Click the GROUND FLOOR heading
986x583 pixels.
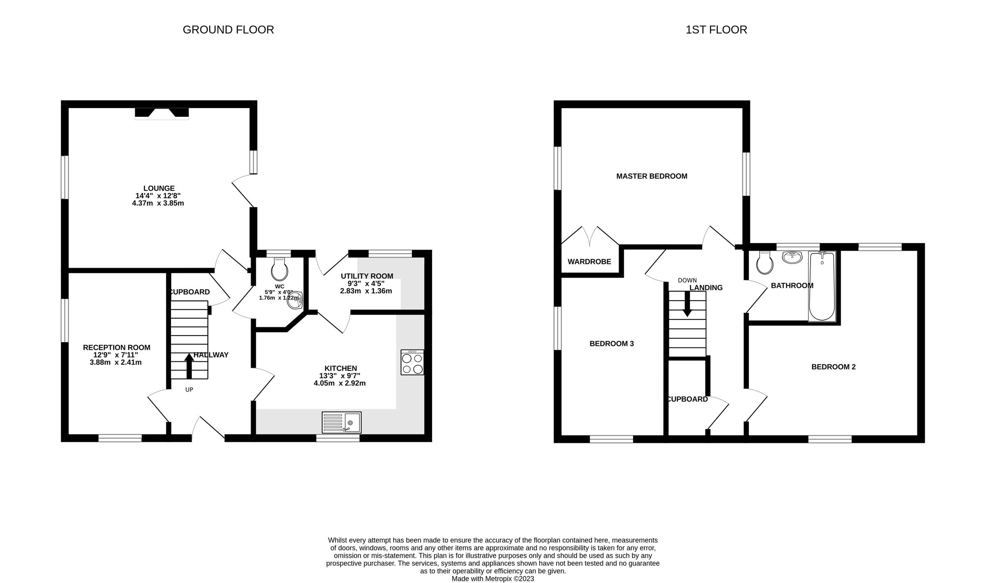228,30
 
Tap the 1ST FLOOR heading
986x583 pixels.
716,30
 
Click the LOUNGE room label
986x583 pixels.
159,189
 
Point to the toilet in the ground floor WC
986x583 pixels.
280,269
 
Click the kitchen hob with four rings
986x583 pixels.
412,362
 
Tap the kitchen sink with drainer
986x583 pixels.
341,422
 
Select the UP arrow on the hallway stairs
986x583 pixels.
189,366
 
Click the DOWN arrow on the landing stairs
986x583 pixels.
687,304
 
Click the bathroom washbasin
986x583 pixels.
792,258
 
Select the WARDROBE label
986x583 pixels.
589,262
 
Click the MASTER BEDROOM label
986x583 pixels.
652,176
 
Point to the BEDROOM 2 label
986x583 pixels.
833,367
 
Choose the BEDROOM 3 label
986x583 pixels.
611,344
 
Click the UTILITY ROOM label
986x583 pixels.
367,276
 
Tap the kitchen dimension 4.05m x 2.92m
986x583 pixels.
339,384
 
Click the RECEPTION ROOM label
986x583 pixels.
117,348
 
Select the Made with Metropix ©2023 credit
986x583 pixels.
493,578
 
